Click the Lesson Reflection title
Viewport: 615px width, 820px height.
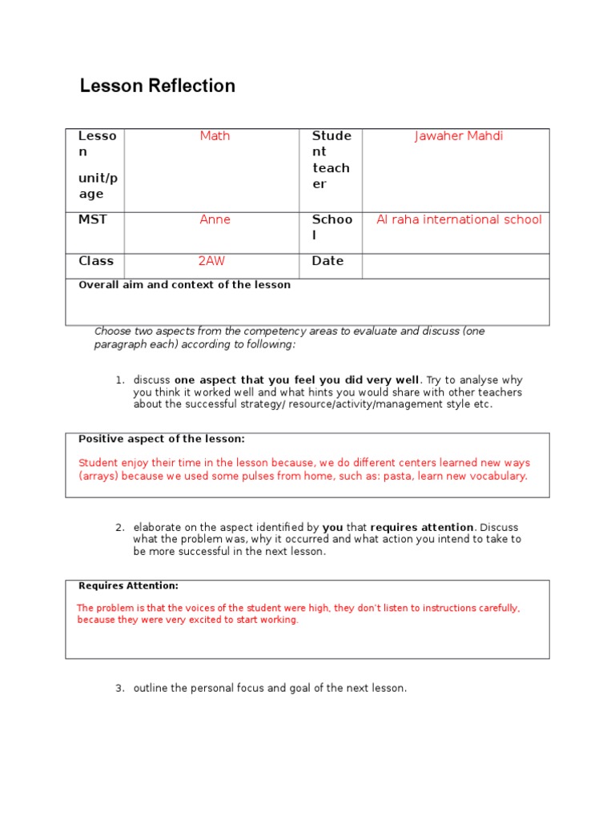157,86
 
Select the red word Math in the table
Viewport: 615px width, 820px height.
215,136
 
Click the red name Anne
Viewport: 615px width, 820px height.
215,219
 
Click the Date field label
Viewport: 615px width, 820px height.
328,261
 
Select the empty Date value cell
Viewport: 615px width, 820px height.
455,266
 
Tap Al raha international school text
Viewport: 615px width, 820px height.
459,219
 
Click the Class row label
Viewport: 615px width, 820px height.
96,261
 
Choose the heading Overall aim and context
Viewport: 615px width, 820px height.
184,285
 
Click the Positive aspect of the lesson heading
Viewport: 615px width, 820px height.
161,439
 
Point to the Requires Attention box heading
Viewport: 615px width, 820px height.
128,586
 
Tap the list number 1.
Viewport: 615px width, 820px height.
119,380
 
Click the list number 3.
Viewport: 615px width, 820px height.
119,689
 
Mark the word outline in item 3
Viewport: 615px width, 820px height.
151,689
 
